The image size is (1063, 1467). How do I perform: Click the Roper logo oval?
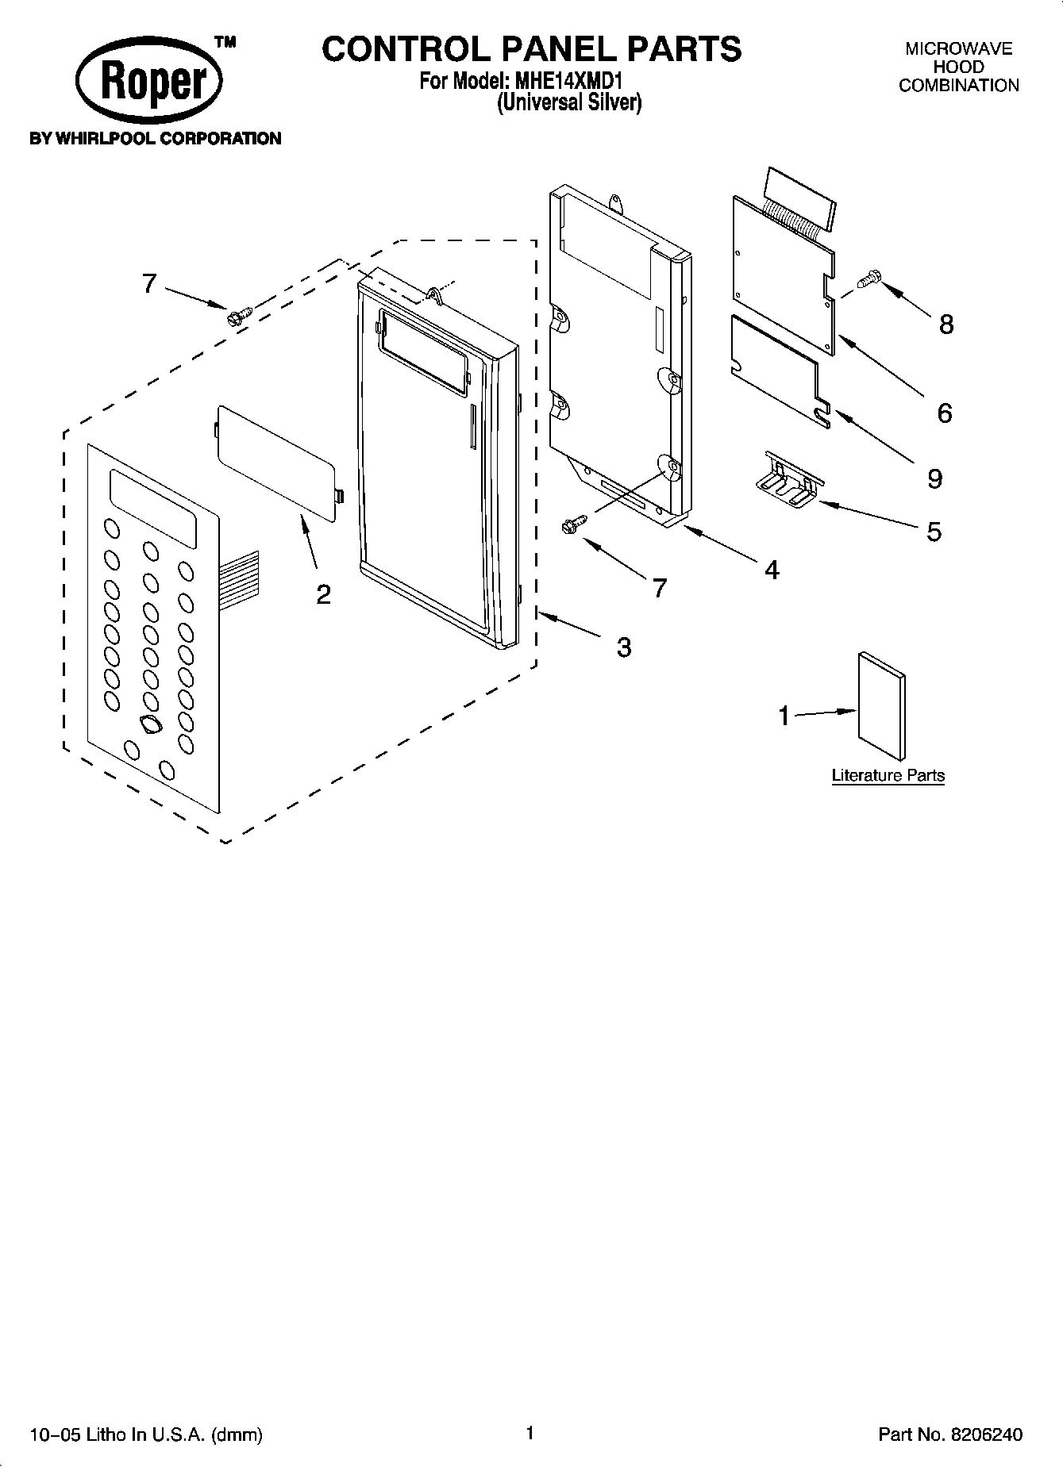tap(149, 82)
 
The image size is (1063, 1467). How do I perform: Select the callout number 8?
tap(946, 324)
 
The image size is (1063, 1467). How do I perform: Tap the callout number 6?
tap(944, 413)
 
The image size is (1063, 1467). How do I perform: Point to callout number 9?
tap(934, 478)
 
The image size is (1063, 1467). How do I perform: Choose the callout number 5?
tap(934, 531)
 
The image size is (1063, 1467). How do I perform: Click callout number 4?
tap(772, 569)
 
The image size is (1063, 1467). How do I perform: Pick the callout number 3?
tap(624, 647)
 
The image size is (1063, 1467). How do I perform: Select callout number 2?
tap(323, 594)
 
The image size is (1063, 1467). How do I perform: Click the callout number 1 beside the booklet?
tap(784, 716)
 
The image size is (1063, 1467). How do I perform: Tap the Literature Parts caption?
tap(888, 775)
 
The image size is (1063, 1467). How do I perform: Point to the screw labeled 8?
tap(869, 278)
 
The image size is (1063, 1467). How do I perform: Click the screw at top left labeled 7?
tap(236, 316)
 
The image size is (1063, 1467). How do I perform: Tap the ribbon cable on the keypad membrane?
tap(240, 576)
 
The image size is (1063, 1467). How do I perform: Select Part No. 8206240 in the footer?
tap(949, 1434)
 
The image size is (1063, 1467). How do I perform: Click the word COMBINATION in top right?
tap(958, 86)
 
